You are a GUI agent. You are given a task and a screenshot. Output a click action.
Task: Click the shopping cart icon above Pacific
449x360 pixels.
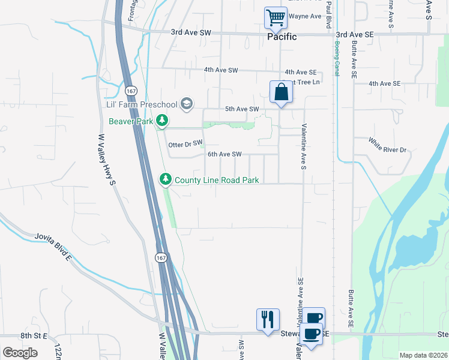(x=276, y=17)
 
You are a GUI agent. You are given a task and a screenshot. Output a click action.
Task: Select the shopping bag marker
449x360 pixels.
(x=280, y=92)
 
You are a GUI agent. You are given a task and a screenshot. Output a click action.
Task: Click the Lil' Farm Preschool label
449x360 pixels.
(x=142, y=105)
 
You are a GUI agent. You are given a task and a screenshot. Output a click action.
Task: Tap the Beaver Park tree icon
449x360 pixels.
(x=161, y=121)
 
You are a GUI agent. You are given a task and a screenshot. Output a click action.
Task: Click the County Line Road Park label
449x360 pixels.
(x=216, y=179)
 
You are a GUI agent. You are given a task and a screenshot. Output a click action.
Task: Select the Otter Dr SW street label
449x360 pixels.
(x=185, y=145)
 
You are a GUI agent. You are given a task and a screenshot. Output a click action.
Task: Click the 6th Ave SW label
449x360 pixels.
(x=224, y=154)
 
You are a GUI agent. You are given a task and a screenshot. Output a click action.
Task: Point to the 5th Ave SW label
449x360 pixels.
(x=241, y=109)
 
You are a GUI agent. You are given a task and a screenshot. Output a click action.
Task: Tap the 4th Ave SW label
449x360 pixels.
(x=221, y=70)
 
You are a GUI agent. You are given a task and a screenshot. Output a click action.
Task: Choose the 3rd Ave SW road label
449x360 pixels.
(x=191, y=32)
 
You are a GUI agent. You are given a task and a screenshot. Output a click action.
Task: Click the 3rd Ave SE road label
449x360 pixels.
(x=355, y=35)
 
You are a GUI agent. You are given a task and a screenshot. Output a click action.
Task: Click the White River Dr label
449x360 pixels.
(x=387, y=146)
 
